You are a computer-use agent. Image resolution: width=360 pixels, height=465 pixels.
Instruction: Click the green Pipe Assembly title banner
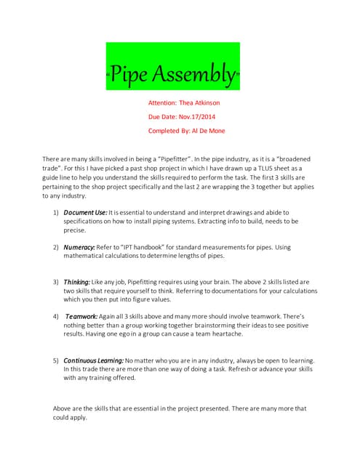tap(173, 66)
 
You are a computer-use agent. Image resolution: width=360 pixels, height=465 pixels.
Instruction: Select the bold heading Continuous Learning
tap(94, 360)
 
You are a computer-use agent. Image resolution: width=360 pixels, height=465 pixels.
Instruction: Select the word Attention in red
tap(164, 103)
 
